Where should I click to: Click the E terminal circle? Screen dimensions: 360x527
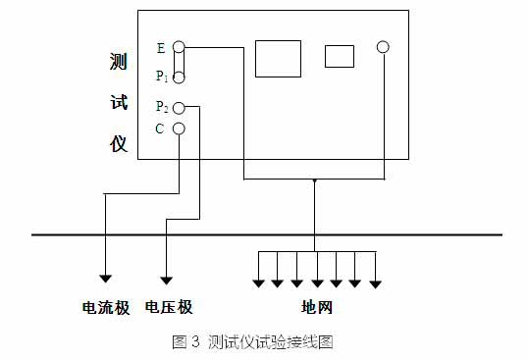point(180,46)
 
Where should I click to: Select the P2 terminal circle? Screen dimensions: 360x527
point(180,107)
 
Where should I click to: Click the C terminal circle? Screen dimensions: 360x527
point(180,129)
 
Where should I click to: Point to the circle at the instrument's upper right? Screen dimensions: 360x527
point(383,46)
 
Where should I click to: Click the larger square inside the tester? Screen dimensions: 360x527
point(278,58)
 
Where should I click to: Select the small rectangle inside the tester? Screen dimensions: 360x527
point(339,56)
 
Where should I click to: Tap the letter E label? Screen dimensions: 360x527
point(160,47)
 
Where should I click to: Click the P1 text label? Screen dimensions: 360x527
point(161,76)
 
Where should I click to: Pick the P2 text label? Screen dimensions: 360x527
point(161,107)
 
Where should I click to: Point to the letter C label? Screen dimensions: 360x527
point(160,129)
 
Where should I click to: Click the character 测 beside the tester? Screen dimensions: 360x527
point(118,62)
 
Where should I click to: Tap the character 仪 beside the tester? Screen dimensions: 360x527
point(118,143)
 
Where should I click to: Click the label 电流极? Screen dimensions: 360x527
point(105,308)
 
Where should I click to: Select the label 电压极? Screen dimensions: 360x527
point(169,308)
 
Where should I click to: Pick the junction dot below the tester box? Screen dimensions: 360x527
point(314,180)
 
